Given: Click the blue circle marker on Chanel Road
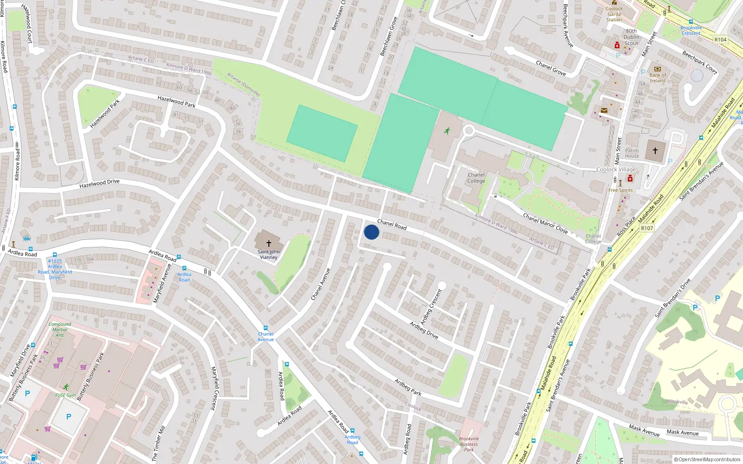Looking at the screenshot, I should (371, 232).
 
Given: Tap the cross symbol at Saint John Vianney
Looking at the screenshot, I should (268, 243).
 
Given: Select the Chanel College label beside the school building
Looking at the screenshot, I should (476, 178).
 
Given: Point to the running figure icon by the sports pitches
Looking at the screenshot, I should (447, 131).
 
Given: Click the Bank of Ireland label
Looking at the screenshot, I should (658, 78).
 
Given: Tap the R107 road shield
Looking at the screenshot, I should (647, 228).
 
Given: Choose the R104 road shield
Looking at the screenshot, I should (720, 40).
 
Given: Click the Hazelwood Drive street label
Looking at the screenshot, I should (99, 184).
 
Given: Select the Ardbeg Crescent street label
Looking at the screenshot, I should (431, 307).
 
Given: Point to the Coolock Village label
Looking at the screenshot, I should (616, 169).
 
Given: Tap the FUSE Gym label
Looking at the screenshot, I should (65, 395).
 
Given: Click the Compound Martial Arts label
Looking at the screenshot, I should (60, 329).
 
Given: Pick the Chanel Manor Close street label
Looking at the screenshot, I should (545, 223).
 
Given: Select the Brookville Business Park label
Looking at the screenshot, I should (469, 444).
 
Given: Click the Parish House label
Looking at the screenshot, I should (632, 153).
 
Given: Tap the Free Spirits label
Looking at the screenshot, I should (620, 190).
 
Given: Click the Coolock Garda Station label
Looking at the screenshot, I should (614, 14).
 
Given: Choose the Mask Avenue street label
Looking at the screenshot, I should (644, 430).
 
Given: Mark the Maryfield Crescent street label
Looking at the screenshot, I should (214, 388).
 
